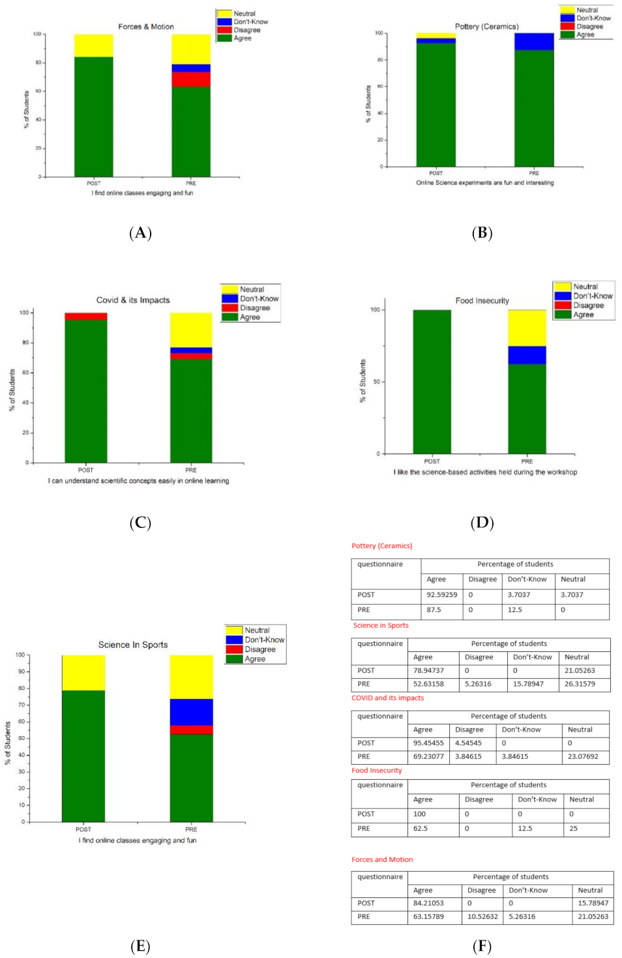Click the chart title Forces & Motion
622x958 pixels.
(x=145, y=27)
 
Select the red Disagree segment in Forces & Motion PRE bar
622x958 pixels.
(x=191, y=79)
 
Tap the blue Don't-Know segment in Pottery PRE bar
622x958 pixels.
(x=534, y=41)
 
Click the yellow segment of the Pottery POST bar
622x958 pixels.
(x=436, y=35)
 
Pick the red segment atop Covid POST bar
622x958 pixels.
(x=85, y=317)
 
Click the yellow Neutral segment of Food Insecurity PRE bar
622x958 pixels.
(x=527, y=328)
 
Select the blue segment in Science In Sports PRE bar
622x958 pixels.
(x=191, y=712)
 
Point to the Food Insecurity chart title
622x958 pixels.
(x=482, y=301)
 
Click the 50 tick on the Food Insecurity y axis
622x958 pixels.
(x=376, y=382)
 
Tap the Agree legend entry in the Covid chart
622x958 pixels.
(x=250, y=317)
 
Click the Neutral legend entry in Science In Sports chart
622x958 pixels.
(x=257, y=630)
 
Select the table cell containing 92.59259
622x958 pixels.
(x=441, y=595)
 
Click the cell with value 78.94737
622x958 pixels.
(x=428, y=670)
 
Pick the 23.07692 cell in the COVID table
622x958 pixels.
(x=582, y=756)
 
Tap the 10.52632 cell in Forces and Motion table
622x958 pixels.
(x=482, y=916)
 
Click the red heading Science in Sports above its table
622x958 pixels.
(x=381, y=625)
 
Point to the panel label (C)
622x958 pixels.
(x=140, y=523)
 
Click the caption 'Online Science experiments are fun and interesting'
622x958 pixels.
(x=484, y=183)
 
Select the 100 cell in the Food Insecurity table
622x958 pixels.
(x=419, y=814)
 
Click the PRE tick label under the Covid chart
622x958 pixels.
(x=190, y=470)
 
